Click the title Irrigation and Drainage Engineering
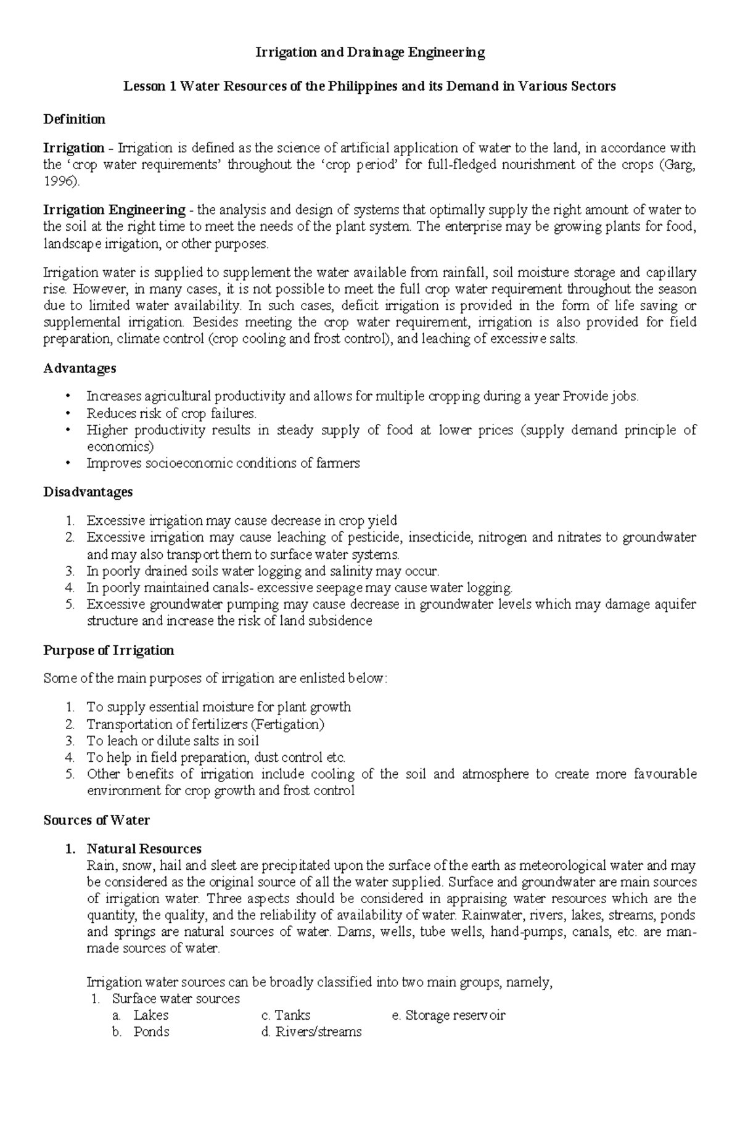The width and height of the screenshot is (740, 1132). (x=370, y=53)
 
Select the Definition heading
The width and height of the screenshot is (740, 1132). (x=74, y=119)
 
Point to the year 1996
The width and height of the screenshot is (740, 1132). (x=60, y=182)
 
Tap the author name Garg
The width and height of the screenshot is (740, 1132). (x=680, y=165)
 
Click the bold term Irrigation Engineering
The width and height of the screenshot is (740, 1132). (x=114, y=210)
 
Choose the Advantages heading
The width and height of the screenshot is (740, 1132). (x=80, y=368)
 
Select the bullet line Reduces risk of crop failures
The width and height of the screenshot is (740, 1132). (x=171, y=413)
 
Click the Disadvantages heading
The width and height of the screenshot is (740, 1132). (x=88, y=492)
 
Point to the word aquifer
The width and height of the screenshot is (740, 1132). (x=673, y=605)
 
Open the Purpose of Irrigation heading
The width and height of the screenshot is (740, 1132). (x=109, y=650)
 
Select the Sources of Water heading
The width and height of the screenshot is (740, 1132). (x=96, y=820)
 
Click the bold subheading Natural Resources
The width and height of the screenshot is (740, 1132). (x=144, y=849)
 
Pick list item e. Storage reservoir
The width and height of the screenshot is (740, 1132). (x=448, y=1015)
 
